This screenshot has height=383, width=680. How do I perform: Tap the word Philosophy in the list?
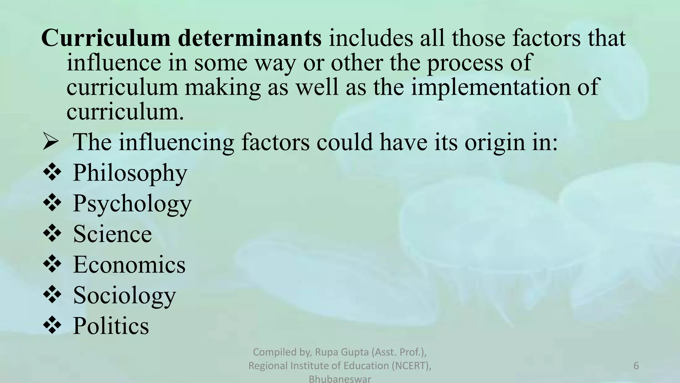point(130,173)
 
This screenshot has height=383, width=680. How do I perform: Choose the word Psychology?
point(132,203)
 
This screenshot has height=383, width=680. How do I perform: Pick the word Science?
point(112,234)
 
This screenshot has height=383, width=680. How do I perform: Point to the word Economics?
point(129,265)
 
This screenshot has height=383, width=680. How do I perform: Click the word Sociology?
point(124,295)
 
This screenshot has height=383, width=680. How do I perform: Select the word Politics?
point(111,326)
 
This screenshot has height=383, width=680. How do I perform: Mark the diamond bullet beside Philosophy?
point(52,173)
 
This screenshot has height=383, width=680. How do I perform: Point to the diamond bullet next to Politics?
point(52,325)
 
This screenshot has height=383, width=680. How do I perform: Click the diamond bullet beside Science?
point(52,234)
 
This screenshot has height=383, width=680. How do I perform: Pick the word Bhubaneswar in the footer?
point(340,379)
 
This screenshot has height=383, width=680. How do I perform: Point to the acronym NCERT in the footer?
point(409,366)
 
